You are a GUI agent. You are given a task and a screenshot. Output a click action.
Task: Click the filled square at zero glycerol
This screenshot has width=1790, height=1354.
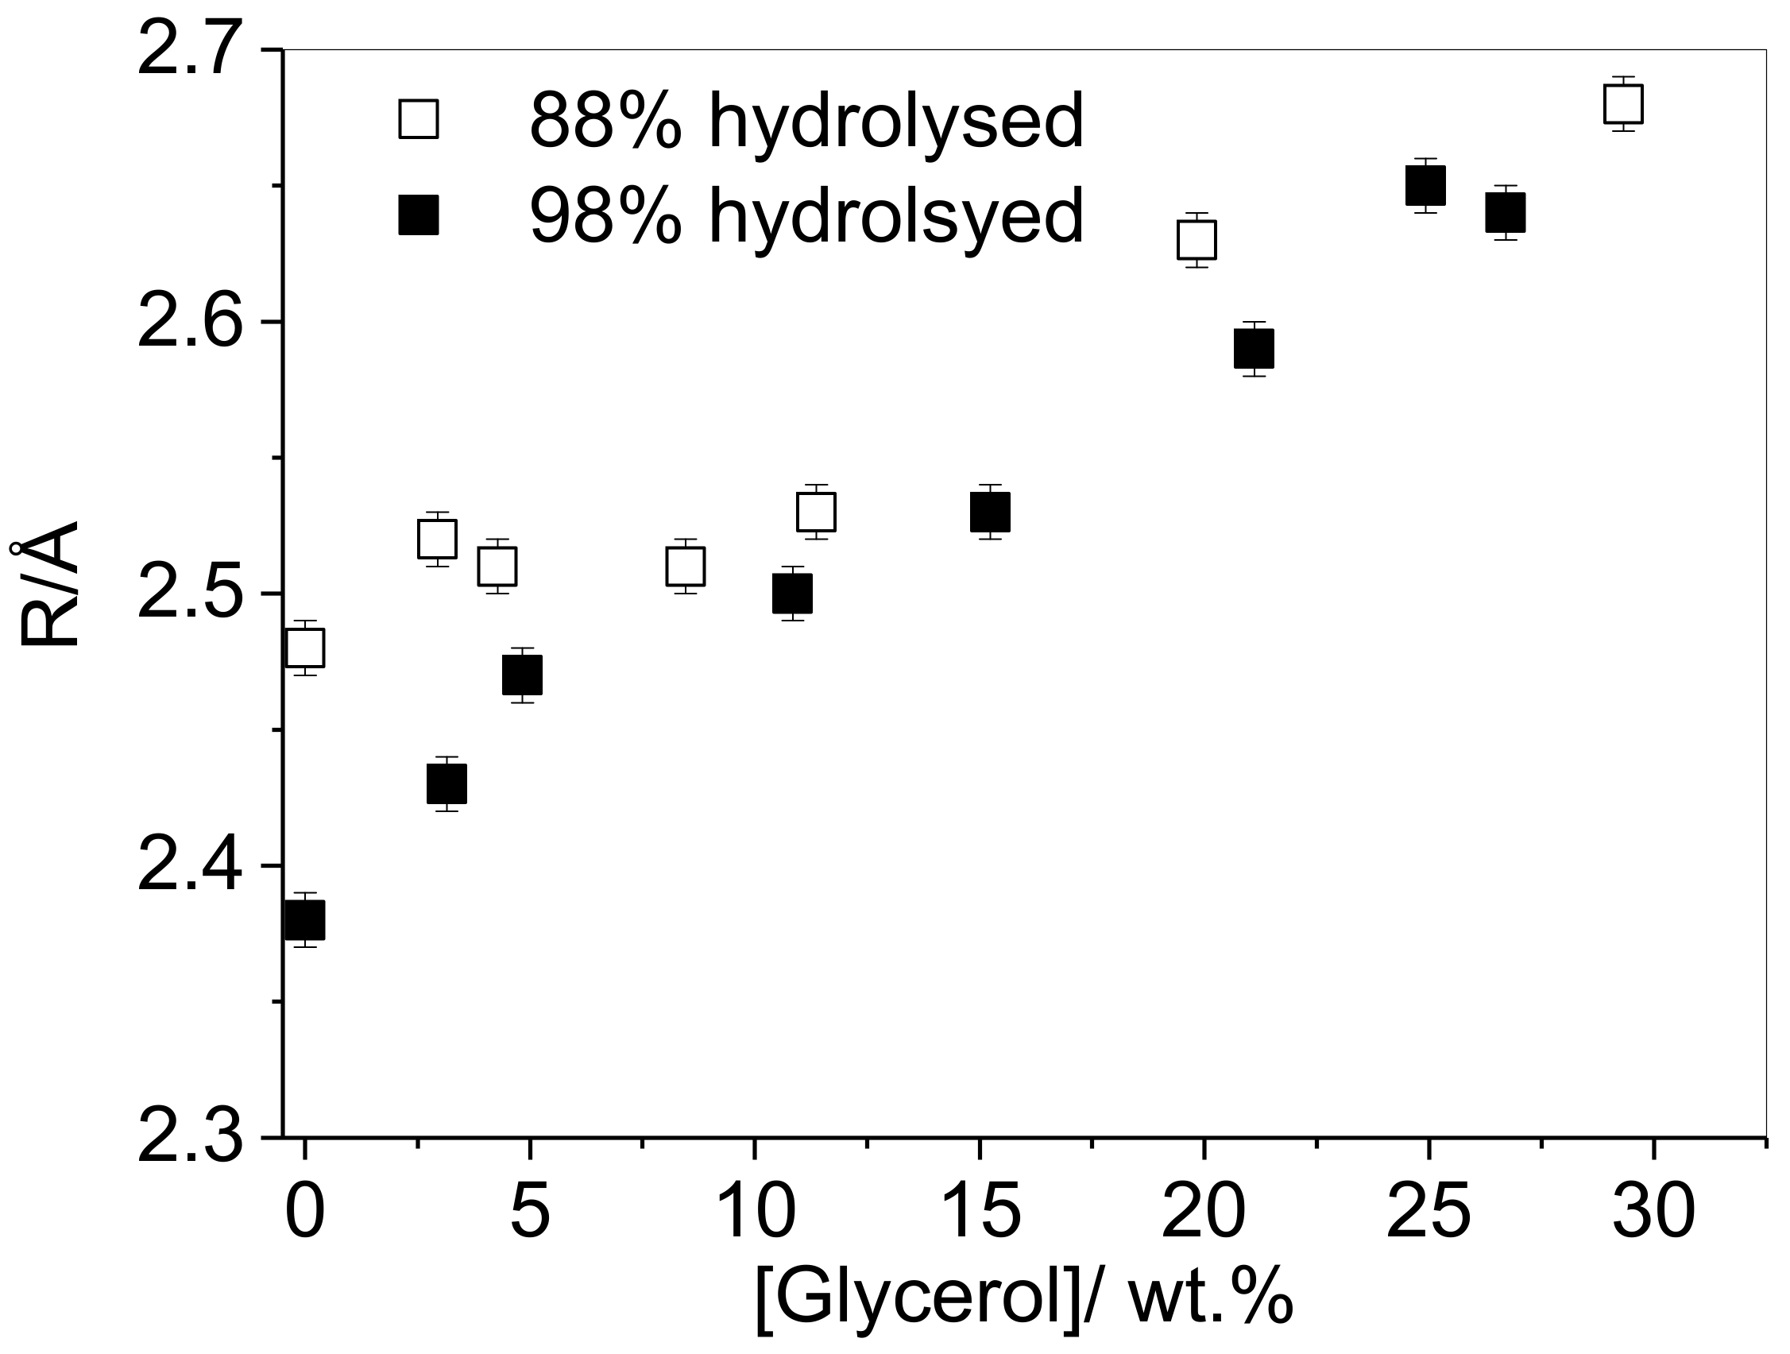click(x=305, y=920)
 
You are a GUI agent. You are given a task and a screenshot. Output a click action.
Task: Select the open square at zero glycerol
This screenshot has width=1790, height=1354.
click(x=305, y=648)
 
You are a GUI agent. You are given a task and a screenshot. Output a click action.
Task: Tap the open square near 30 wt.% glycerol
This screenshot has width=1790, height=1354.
click(x=1623, y=103)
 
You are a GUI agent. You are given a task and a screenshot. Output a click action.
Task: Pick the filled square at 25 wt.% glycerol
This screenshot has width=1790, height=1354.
click(x=1426, y=185)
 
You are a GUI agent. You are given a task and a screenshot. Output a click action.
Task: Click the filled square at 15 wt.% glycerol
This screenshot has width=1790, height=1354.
click(x=991, y=512)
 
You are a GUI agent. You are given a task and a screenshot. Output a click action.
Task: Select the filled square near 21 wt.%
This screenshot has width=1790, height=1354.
click(x=1255, y=349)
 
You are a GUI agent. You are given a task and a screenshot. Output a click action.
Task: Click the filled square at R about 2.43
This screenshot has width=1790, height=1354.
click(x=447, y=783)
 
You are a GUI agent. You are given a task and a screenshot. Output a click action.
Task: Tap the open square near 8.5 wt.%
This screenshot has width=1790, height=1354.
click(x=686, y=567)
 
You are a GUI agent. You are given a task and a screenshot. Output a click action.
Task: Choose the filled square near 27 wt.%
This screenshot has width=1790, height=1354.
click(x=1506, y=213)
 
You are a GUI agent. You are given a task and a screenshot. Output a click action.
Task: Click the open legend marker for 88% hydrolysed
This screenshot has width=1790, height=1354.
click(x=419, y=119)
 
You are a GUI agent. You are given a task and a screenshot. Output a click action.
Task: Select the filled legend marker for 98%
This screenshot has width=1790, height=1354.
click(x=419, y=215)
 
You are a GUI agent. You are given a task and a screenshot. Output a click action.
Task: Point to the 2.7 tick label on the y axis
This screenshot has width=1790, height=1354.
click(x=190, y=50)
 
